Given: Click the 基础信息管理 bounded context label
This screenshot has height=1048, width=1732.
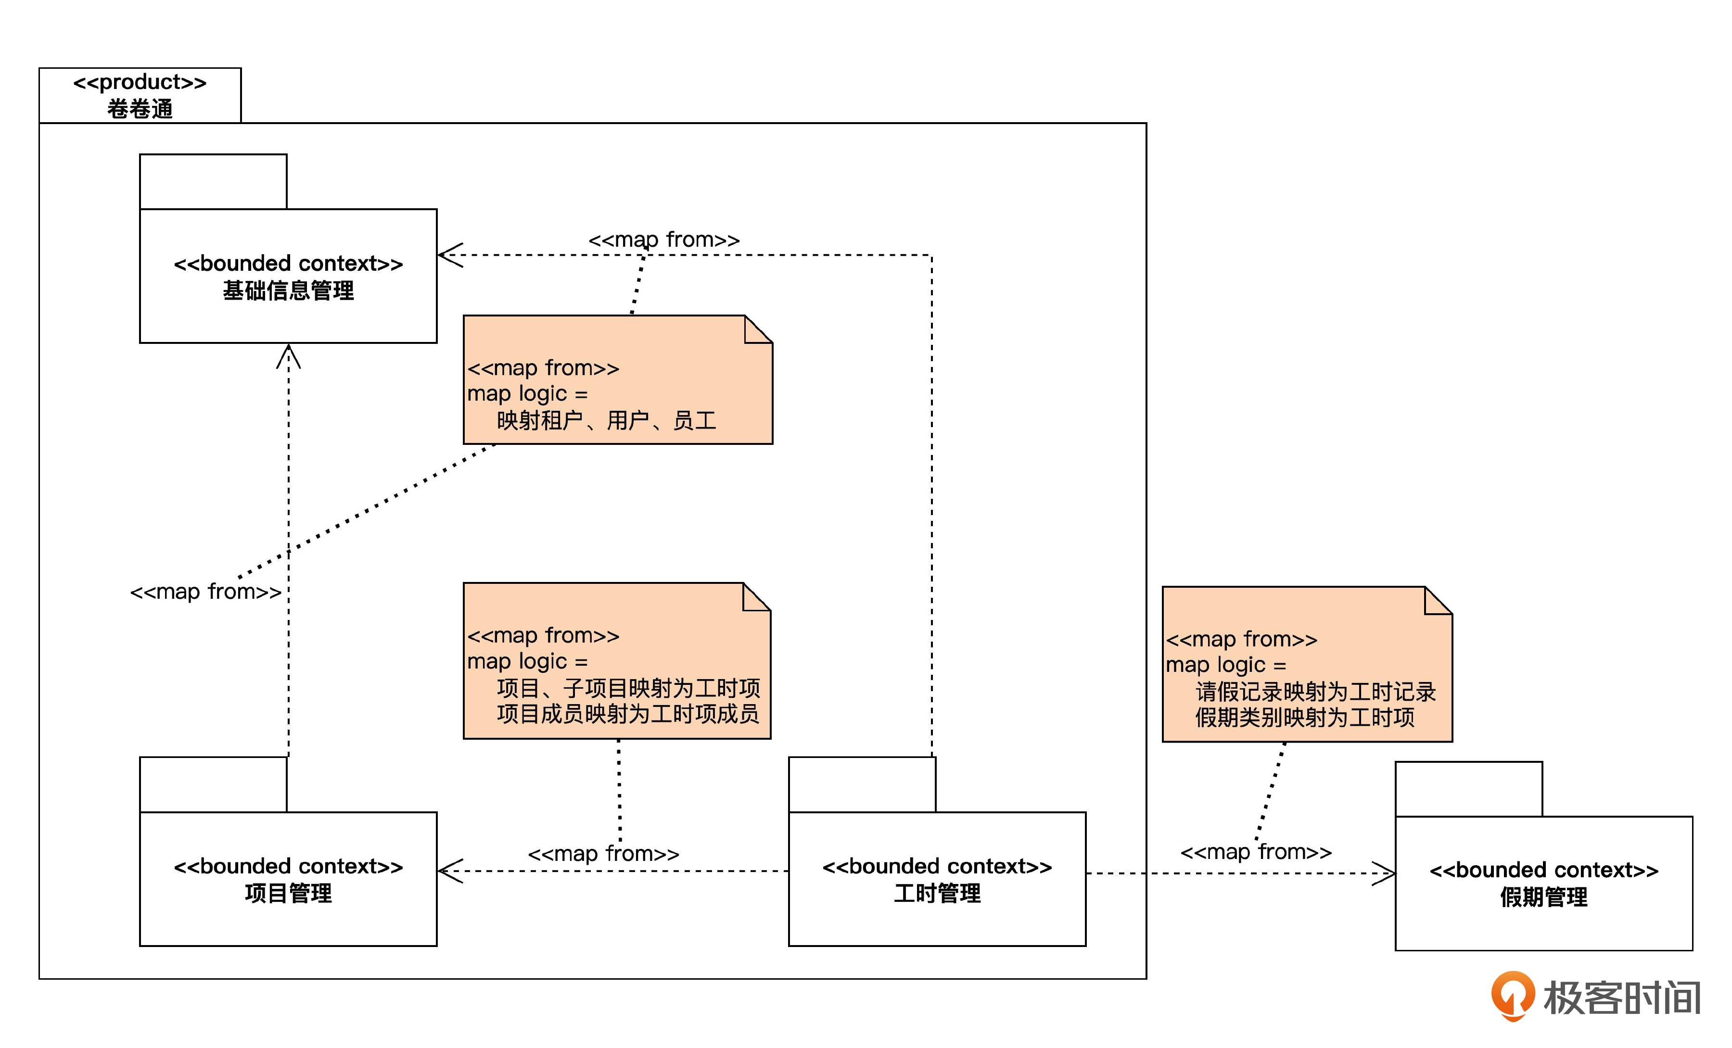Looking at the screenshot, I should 288,290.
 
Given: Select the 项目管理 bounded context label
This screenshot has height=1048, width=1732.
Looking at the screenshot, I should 288,893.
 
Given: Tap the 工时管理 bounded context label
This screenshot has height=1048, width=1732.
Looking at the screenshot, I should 937,893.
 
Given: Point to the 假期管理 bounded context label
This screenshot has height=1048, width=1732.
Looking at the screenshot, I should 1543,897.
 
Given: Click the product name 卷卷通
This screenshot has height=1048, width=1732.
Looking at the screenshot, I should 140,109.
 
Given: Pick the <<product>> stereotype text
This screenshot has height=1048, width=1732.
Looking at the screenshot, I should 140,82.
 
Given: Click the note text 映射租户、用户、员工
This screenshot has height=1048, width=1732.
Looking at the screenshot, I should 606,420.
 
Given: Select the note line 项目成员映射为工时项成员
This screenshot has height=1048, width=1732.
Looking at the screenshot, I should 628,714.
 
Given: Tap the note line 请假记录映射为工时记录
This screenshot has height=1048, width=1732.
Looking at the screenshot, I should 1315,692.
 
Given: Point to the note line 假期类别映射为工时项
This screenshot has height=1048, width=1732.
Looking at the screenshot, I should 1305,718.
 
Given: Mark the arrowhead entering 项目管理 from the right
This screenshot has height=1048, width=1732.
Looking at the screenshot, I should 448,871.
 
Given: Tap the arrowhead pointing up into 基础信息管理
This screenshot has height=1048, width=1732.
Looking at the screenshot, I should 288,355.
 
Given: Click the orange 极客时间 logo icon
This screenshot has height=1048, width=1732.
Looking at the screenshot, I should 1513,995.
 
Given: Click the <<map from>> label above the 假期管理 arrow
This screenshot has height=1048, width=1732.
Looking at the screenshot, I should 1255,852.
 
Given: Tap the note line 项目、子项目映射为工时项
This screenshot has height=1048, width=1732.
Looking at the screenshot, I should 628,688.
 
